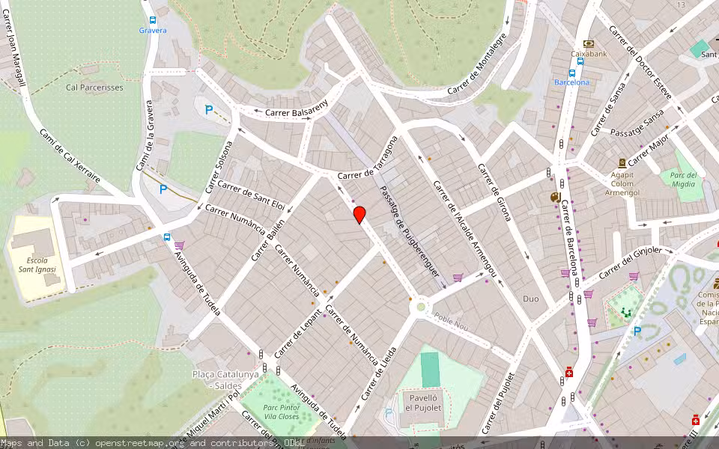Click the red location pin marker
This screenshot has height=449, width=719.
tap(359, 215)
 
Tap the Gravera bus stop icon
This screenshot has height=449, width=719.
tap(153, 20)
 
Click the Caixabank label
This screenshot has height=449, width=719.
tap(588, 54)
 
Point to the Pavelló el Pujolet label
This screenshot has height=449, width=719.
tap(423, 402)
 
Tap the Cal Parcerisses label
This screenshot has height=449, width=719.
tap(94, 88)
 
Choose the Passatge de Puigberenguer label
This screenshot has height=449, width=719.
tap(409, 232)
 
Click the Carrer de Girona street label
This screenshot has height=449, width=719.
tap(495, 192)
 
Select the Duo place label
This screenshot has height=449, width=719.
tap(530, 299)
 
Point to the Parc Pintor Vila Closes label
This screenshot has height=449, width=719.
tap(282, 412)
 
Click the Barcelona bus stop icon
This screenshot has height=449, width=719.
tap(571, 73)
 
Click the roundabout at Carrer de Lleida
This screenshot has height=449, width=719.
tap(421, 305)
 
